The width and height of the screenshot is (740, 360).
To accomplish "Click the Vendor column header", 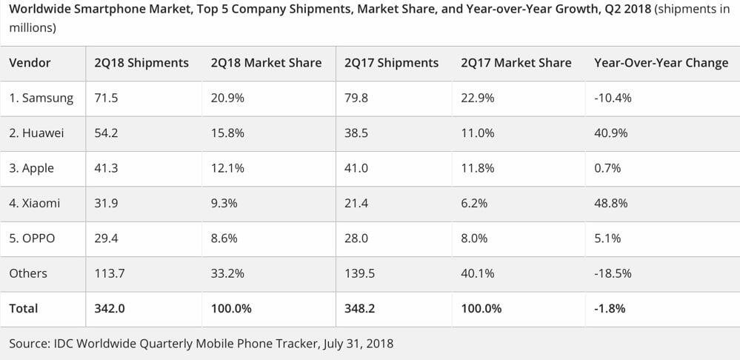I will tap(30, 63).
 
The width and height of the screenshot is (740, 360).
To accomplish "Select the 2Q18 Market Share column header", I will tap(266, 63).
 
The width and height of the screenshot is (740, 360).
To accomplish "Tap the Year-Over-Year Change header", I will tap(661, 63).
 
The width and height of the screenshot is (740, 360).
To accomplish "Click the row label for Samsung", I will tap(41, 98).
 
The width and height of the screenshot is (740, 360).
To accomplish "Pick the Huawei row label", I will tap(36, 133).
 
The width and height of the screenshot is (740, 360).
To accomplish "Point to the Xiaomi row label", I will tap(35, 203).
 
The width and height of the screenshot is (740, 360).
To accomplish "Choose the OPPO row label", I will tap(32, 239).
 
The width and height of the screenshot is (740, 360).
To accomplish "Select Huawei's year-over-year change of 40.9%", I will tap(610, 133).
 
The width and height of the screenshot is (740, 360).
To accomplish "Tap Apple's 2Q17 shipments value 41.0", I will tap(356, 168).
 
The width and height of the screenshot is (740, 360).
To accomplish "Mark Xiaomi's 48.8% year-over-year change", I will tap(610, 203).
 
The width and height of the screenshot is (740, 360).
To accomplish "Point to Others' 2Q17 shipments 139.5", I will tap(359, 273).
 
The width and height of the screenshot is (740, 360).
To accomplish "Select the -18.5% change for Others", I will tap(613, 273).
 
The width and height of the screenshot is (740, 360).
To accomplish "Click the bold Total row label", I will tap(24, 308).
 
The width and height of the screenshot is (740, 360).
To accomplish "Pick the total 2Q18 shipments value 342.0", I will tap(110, 308).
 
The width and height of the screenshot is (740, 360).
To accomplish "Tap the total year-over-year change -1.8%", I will tap(610, 308).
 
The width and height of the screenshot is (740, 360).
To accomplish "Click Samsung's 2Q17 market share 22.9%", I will tap(478, 98).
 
